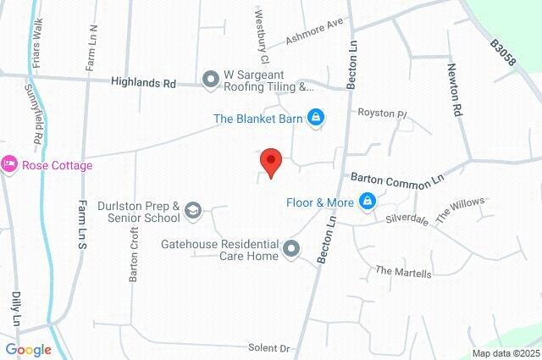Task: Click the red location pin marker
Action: point(270,161)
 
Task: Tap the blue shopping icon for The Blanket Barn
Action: point(316,118)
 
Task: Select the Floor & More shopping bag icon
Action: point(368,202)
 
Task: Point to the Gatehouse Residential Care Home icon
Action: point(291,248)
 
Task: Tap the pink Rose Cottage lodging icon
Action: point(9,164)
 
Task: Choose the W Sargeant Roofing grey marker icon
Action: point(210,80)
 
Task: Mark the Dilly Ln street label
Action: point(15,309)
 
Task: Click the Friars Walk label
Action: point(37,37)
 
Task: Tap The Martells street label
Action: point(403,273)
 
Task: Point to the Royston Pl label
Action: point(383,112)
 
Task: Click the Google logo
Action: point(28,350)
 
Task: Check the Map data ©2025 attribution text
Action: point(505,353)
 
